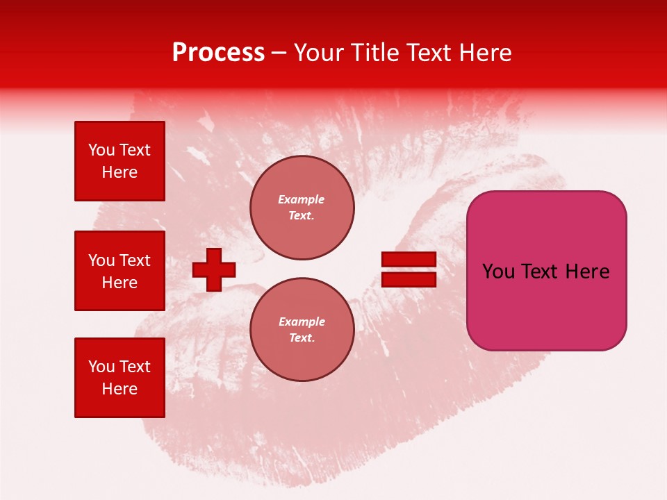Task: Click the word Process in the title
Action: [x=218, y=53]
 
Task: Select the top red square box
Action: [x=120, y=161]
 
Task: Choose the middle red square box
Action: [x=120, y=271]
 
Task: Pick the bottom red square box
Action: [x=120, y=377]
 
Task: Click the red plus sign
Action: [x=214, y=269]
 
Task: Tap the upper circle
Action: [x=302, y=208]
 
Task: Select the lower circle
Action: [x=302, y=330]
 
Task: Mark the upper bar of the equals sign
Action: [x=409, y=259]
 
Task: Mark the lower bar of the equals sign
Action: [x=409, y=280]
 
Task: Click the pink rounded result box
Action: [x=546, y=271]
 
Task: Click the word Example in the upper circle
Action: [x=302, y=199]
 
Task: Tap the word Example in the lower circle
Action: [x=302, y=322]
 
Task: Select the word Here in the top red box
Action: [x=120, y=172]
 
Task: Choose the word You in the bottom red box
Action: [x=101, y=367]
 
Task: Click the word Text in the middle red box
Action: [x=134, y=260]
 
